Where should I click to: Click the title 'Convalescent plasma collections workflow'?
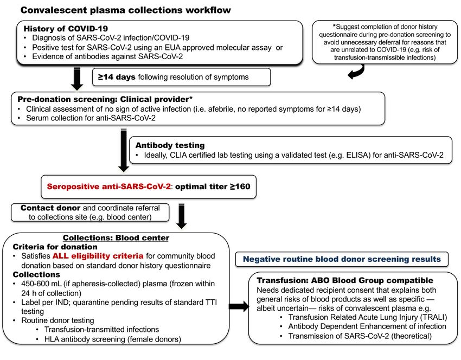click(125, 10)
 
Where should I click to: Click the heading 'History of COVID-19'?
click(66, 29)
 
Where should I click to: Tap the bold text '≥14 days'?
click(117, 77)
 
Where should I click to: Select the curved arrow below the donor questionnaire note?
click(356, 72)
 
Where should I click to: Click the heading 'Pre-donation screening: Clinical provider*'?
click(105, 99)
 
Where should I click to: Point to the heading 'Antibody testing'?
click(170, 145)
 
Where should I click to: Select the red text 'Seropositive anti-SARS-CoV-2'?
click(108, 187)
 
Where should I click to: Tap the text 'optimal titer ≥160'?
click(213, 187)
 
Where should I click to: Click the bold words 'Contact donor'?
click(50, 208)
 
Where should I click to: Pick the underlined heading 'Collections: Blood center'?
click(116, 238)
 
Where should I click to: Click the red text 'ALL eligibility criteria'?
click(98, 256)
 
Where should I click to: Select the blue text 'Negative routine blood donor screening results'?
click(342, 259)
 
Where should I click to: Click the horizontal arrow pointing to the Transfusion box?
click(239, 306)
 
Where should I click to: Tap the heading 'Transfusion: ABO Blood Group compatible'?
click(345, 280)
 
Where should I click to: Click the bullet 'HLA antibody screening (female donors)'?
click(113, 339)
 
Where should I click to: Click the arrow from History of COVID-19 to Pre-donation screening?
click(76, 79)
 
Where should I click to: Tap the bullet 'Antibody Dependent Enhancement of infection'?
click(367, 326)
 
